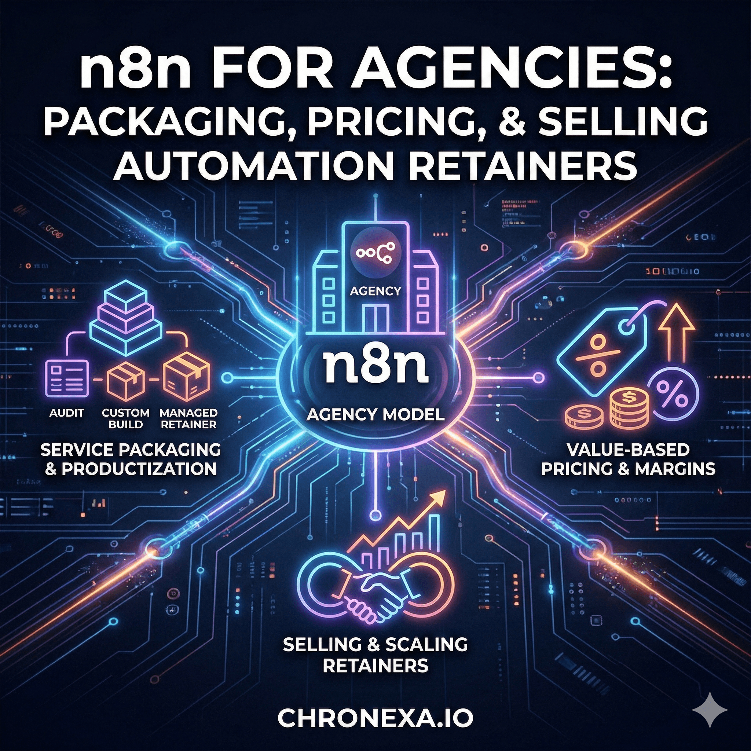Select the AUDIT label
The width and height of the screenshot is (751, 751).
(x=66, y=413)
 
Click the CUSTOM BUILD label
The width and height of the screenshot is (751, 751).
(x=125, y=418)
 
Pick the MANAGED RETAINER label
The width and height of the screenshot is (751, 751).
(x=188, y=418)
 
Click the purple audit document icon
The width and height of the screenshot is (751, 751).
(x=66, y=378)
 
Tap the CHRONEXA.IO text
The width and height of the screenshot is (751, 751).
(x=375, y=719)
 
